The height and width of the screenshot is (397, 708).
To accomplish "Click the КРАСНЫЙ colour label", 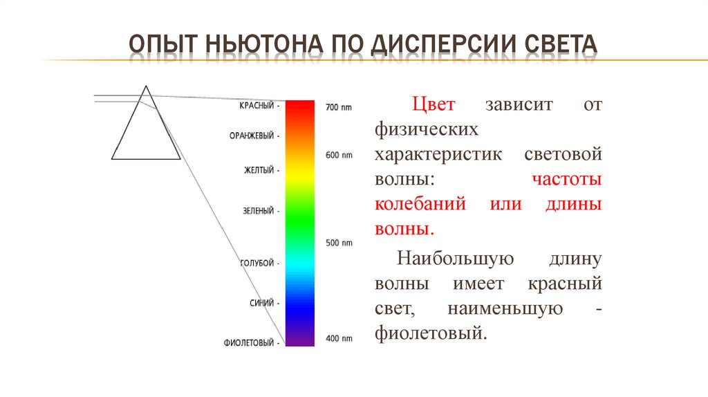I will (x=257, y=106).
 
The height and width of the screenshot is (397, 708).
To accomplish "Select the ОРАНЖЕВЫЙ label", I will (x=252, y=136).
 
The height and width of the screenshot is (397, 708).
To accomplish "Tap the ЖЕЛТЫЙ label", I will (x=259, y=169).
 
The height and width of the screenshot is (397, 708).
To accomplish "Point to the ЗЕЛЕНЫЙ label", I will (x=258, y=210).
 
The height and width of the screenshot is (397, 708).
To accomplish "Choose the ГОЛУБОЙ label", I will (x=257, y=263).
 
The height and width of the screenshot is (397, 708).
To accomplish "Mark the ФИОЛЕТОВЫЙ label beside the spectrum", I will (x=249, y=342).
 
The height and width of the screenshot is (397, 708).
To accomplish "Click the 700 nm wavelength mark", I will (x=339, y=107).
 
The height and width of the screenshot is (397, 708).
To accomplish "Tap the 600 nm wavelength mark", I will (x=339, y=156).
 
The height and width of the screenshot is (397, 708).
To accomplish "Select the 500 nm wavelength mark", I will (x=339, y=243).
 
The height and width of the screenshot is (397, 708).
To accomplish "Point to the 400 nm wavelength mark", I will (x=339, y=339).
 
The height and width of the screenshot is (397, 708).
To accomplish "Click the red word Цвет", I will (x=434, y=105).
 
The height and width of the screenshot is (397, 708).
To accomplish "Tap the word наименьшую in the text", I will (x=505, y=308).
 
